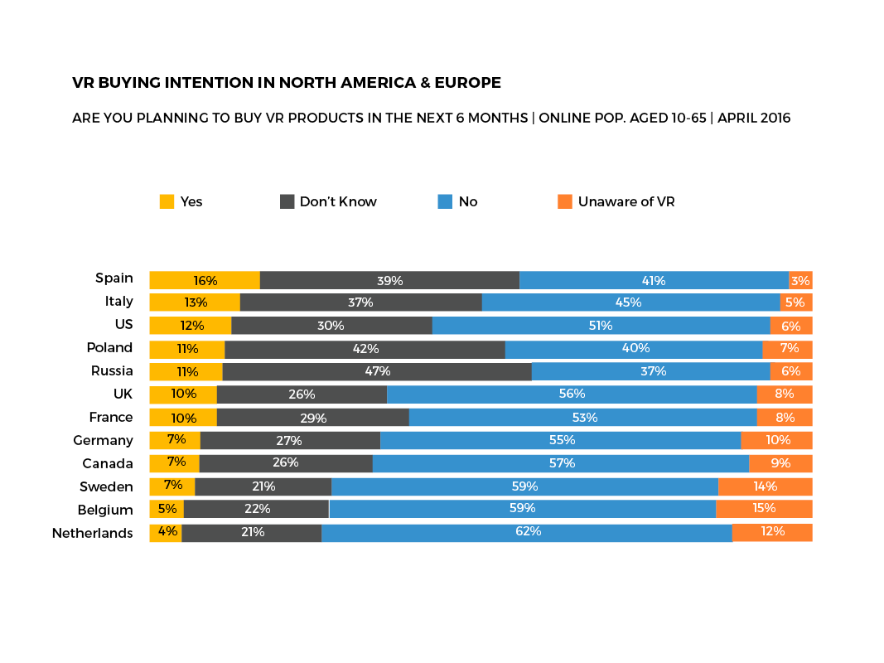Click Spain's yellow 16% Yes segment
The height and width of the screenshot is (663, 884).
[205, 280]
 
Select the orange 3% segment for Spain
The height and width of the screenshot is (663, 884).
[800, 280]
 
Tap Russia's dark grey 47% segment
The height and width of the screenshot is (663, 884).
[377, 371]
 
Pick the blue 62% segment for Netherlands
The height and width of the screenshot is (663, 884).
[527, 532]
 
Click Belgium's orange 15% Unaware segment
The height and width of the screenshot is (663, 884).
[764, 509]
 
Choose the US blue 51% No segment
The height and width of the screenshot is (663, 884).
[601, 326]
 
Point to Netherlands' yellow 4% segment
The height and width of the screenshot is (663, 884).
[166, 532]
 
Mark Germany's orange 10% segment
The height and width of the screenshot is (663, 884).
[776, 440]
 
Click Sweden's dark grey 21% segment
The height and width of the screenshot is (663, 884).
[263, 486]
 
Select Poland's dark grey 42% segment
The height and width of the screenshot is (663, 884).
[365, 349]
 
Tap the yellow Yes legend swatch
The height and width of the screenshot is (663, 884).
[167, 201]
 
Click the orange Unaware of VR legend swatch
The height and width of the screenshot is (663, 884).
[565, 201]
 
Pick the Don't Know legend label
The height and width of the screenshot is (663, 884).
[338, 201]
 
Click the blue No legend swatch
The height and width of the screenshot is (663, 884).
[445, 201]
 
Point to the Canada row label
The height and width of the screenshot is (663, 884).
[108, 463]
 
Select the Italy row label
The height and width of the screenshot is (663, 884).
[118, 301]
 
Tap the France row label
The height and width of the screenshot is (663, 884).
[111, 417]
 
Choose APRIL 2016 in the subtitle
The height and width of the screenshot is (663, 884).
[754, 118]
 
